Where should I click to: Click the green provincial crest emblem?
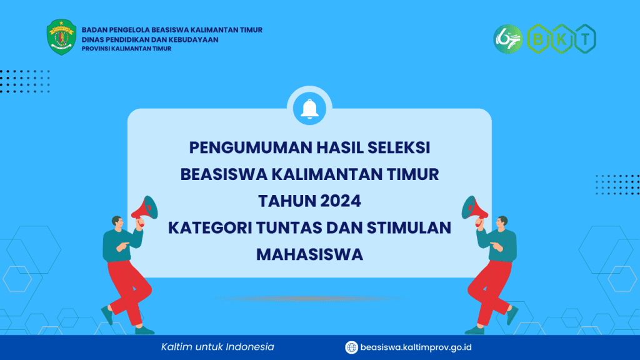tap(61, 37)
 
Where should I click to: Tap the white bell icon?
tap(309, 109)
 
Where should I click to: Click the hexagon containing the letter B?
tap(538, 39)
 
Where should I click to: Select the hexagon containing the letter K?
tap(562, 39)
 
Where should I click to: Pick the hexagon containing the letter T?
tap(585, 39)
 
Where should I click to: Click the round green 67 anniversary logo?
tap(507, 39)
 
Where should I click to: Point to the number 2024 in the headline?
tap(341, 201)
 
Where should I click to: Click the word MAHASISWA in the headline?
tap(309, 254)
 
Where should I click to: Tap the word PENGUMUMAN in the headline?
tap(251, 147)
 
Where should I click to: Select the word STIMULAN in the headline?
tap(409, 227)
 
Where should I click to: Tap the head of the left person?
tap(117, 222)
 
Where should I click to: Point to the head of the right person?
tap(502, 222)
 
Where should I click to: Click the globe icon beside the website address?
tap(351, 347)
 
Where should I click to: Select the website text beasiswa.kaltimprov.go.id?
tap(416, 347)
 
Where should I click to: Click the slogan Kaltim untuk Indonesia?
tap(217, 347)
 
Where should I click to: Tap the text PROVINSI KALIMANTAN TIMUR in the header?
tap(126, 49)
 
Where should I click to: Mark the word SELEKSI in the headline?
tap(399, 147)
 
